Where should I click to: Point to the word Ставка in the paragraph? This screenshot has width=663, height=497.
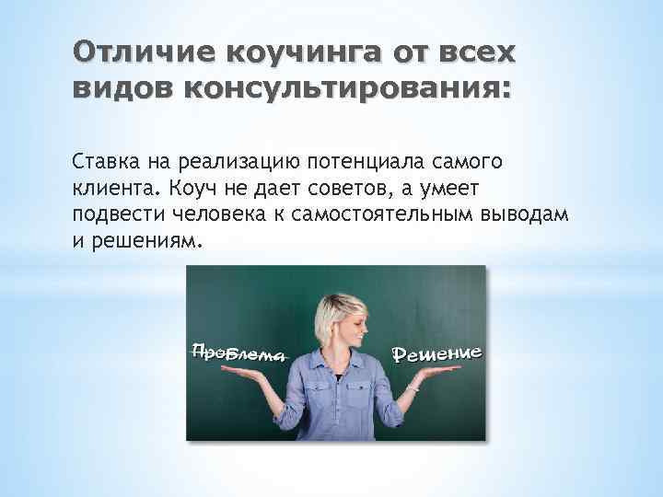point(101,163)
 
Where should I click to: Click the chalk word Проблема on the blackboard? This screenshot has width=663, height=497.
point(235,351)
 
